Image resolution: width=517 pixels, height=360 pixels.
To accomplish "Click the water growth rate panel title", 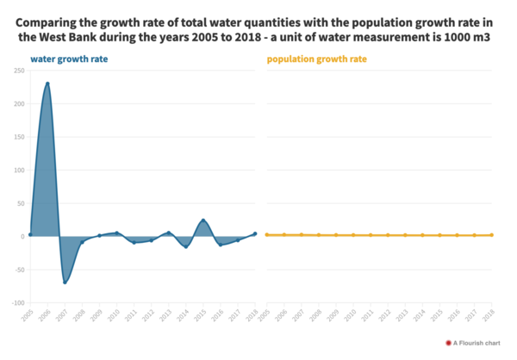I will (x=69, y=59).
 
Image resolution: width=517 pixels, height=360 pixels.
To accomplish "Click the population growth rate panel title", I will (x=316, y=59).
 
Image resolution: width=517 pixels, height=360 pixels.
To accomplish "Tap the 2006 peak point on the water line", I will (x=47, y=84).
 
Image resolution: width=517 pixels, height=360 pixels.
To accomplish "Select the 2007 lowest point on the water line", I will (x=65, y=282).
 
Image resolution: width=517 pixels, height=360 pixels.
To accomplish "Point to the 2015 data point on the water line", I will (x=203, y=220).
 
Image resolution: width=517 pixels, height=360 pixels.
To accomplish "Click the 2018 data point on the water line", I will (x=255, y=233).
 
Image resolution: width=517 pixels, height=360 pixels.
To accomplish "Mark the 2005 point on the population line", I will (x=267, y=234).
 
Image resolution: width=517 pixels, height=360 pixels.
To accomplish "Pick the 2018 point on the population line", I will (x=492, y=234).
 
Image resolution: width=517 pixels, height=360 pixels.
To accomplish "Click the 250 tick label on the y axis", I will (x=18, y=71).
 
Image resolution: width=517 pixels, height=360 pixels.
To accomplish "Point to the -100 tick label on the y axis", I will (x=17, y=302).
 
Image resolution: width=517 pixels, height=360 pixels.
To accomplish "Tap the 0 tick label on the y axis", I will (x=22, y=236).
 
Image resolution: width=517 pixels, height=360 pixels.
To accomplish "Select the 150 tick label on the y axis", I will (x=18, y=137).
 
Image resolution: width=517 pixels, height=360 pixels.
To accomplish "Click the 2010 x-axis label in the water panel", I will (x=115, y=316).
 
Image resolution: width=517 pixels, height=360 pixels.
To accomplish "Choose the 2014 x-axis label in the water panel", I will (x=184, y=316).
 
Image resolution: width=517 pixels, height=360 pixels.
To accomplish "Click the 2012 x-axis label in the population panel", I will (x=386, y=316).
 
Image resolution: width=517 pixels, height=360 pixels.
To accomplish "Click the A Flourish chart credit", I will (x=472, y=343).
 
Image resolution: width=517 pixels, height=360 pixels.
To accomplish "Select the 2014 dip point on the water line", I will (x=186, y=247).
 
